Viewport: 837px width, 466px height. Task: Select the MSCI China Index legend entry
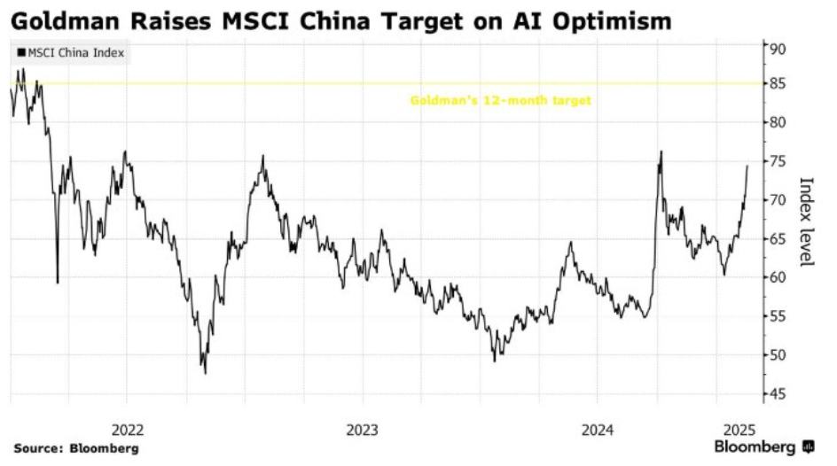coord(70,53)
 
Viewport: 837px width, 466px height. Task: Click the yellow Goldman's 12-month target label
coord(500,100)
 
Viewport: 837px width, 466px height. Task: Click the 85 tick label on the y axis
coord(777,84)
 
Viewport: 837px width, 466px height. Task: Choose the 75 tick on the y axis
coord(777,161)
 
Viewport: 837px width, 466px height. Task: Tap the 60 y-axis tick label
coord(777,277)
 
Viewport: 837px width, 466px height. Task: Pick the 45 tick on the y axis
coord(777,394)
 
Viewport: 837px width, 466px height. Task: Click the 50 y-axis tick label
coord(777,355)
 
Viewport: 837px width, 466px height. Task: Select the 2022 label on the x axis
coord(127,430)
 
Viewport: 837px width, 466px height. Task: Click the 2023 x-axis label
coord(363,430)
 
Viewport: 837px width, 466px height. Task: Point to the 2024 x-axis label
coord(598,430)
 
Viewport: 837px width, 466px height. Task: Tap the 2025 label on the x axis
coord(739,430)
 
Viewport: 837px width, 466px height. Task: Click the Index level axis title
coord(807,221)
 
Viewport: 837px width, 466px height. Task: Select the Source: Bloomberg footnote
coord(76,449)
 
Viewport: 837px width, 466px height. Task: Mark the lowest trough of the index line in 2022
coord(206,373)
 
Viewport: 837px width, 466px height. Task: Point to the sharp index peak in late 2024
coord(661,151)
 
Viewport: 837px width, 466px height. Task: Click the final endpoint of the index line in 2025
coord(747,166)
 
